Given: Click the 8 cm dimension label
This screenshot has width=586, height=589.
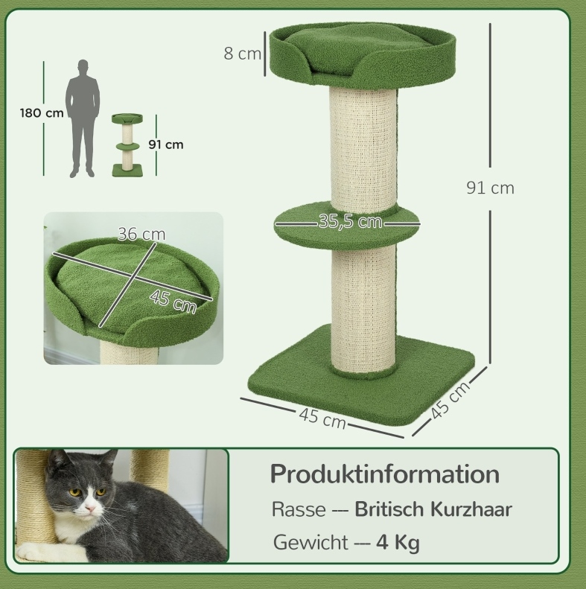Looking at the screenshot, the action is pyautogui.click(x=242, y=54).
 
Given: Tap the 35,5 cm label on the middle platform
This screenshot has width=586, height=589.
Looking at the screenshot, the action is pyautogui.click(x=350, y=221).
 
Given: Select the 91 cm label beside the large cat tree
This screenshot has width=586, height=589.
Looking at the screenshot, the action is pyautogui.click(x=490, y=188).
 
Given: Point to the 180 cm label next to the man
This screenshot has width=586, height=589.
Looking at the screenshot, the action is pyautogui.click(x=42, y=112).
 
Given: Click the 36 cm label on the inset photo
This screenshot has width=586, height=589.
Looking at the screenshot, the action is pyautogui.click(x=141, y=234).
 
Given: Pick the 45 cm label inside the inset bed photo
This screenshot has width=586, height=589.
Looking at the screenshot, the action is pyautogui.click(x=173, y=302).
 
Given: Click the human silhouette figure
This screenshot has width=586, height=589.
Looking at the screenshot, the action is pyautogui.click(x=83, y=118).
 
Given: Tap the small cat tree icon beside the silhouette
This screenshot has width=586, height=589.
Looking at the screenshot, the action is pyautogui.click(x=128, y=145).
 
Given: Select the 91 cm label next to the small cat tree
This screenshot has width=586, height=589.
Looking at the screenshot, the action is pyautogui.click(x=165, y=144).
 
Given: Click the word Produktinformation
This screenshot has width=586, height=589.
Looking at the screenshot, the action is pyautogui.click(x=385, y=474).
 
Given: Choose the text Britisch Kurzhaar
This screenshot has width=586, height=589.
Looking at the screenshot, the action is pyautogui.click(x=433, y=509).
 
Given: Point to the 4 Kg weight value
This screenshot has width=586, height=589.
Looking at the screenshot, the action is pyautogui.click(x=398, y=543).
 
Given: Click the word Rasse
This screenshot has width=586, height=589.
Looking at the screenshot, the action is pyautogui.click(x=299, y=510).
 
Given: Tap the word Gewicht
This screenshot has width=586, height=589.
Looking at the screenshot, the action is pyautogui.click(x=310, y=543).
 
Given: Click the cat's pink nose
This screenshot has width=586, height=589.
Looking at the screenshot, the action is pyautogui.click(x=90, y=509).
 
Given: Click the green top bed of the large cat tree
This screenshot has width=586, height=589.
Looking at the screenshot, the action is pyautogui.click(x=363, y=54).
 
